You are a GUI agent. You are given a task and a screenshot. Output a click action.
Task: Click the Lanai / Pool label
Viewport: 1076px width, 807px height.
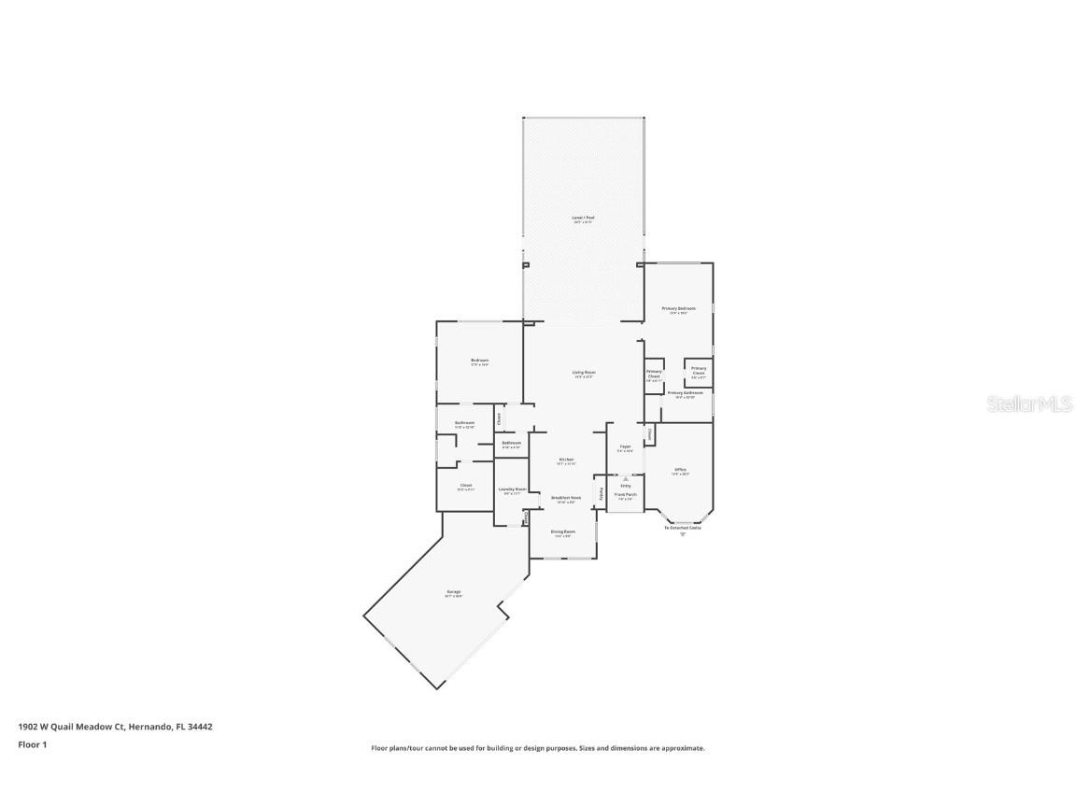pyautogui.click(x=583, y=218)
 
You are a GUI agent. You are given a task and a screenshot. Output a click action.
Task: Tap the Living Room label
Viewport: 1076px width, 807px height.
pyautogui.click(x=584, y=372)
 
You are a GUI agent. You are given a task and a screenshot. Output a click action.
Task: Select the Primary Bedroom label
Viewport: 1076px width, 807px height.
pyautogui.click(x=679, y=308)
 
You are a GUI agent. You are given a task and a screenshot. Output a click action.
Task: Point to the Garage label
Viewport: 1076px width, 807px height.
pyautogui.click(x=454, y=591)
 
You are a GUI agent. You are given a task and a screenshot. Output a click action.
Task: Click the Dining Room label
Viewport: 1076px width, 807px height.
pyautogui.click(x=562, y=531)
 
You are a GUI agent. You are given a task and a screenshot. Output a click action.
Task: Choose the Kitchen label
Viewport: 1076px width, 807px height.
pyautogui.click(x=566, y=460)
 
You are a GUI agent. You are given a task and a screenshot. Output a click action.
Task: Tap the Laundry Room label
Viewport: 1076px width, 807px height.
pyautogui.click(x=512, y=489)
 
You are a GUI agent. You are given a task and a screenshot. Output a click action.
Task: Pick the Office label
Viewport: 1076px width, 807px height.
pyautogui.click(x=680, y=469)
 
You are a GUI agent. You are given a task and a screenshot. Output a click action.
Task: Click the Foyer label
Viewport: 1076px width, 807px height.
pyautogui.click(x=625, y=446)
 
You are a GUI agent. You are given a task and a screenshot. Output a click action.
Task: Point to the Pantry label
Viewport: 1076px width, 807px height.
pyautogui.click(x=602, y=492)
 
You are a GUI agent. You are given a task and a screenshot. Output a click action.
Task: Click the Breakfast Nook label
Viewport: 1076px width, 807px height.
pyautogui.click(x=566, y=498)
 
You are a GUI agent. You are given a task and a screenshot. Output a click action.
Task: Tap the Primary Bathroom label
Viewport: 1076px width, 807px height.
pyautogui.click(x=685, y=393)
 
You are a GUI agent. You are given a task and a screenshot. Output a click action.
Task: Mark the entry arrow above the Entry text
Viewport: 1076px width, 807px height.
pyautogui.click(x=626, y=478)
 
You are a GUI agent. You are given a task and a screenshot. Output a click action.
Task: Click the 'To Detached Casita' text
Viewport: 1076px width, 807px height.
pyautogui.click(x=682, y=528)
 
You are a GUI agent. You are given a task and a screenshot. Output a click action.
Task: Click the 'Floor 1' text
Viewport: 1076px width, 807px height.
pyautogui.click(x=32, y=744)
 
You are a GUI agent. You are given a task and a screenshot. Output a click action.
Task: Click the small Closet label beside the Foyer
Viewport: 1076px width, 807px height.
pyautogui.click(x=649, y=433)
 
